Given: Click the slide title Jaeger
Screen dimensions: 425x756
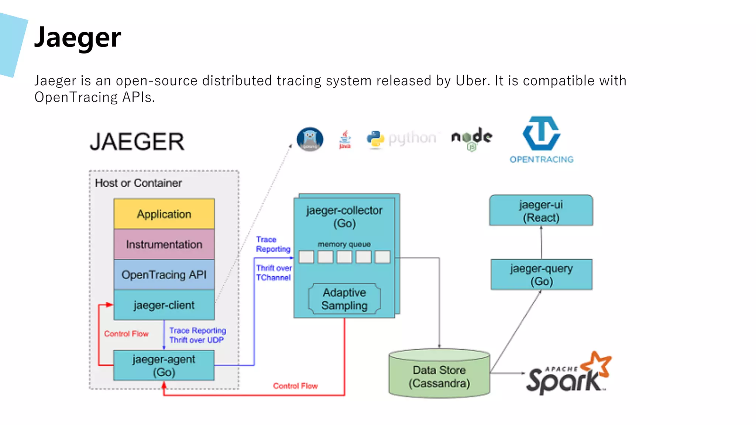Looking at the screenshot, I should [x=78, y=38].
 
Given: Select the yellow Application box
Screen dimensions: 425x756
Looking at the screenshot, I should [x=164, y=214].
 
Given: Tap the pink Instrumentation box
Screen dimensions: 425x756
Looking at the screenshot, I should [x=164, y=244].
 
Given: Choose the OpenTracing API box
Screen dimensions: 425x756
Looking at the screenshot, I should [x=164, y=274].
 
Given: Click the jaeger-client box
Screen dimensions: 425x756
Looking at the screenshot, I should [x=164, y=305].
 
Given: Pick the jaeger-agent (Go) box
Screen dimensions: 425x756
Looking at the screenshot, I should [x=164, y=365].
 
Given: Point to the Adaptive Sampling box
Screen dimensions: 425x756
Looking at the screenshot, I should [x=344, y=299].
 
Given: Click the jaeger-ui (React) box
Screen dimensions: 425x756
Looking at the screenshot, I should [x=541, y=210].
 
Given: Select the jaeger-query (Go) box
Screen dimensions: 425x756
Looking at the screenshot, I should [x=541, y=274].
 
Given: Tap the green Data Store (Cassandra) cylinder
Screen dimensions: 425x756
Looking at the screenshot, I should [x=439, y=376].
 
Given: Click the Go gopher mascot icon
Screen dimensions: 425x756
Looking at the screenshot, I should [x=310, y=139].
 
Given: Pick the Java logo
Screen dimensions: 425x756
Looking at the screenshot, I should [x=345, y=139].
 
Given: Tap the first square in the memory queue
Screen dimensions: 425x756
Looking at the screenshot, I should [x=306, y=257].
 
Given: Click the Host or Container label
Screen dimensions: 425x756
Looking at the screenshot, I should [x=138, y=183].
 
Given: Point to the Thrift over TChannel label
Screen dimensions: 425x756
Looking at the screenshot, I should [x=274, y=273].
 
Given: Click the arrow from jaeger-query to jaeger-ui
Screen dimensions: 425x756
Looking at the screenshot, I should [x=541, y=242].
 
